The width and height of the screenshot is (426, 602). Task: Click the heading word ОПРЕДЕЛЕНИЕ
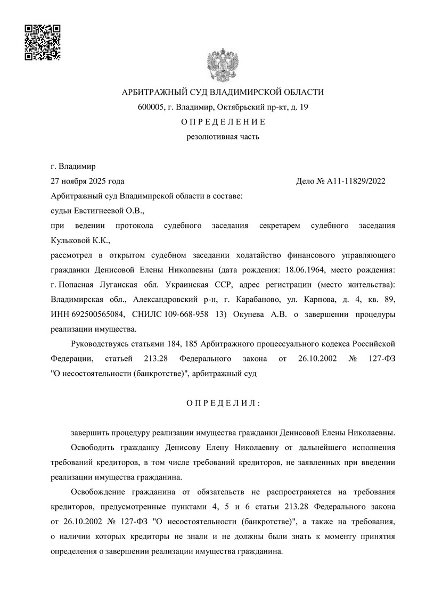pyautogui.click(x=223, y=122)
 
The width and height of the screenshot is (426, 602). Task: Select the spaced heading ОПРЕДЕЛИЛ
pyautogui.click(x=223, y=403)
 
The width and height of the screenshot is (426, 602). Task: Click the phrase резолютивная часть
pyautogui.click(x=223, y=137)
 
